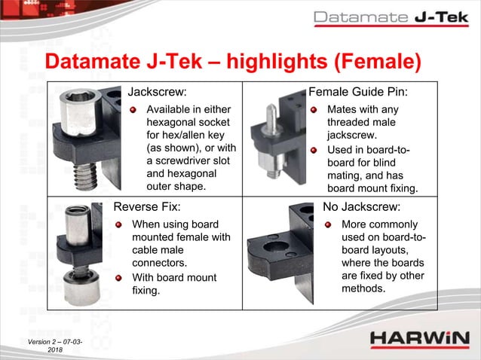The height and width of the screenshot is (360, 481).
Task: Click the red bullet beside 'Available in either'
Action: click(x=133, y=111)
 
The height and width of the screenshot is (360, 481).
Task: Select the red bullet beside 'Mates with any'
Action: click(x=314, y=111)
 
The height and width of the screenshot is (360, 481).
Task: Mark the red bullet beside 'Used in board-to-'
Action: click(x=314, y=150)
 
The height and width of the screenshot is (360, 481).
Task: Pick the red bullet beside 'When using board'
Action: click(x=118, y=224)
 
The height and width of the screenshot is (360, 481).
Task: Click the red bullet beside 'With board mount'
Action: click(x=118, y=278)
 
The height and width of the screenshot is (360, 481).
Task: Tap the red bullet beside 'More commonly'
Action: click(x=329, y=224)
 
